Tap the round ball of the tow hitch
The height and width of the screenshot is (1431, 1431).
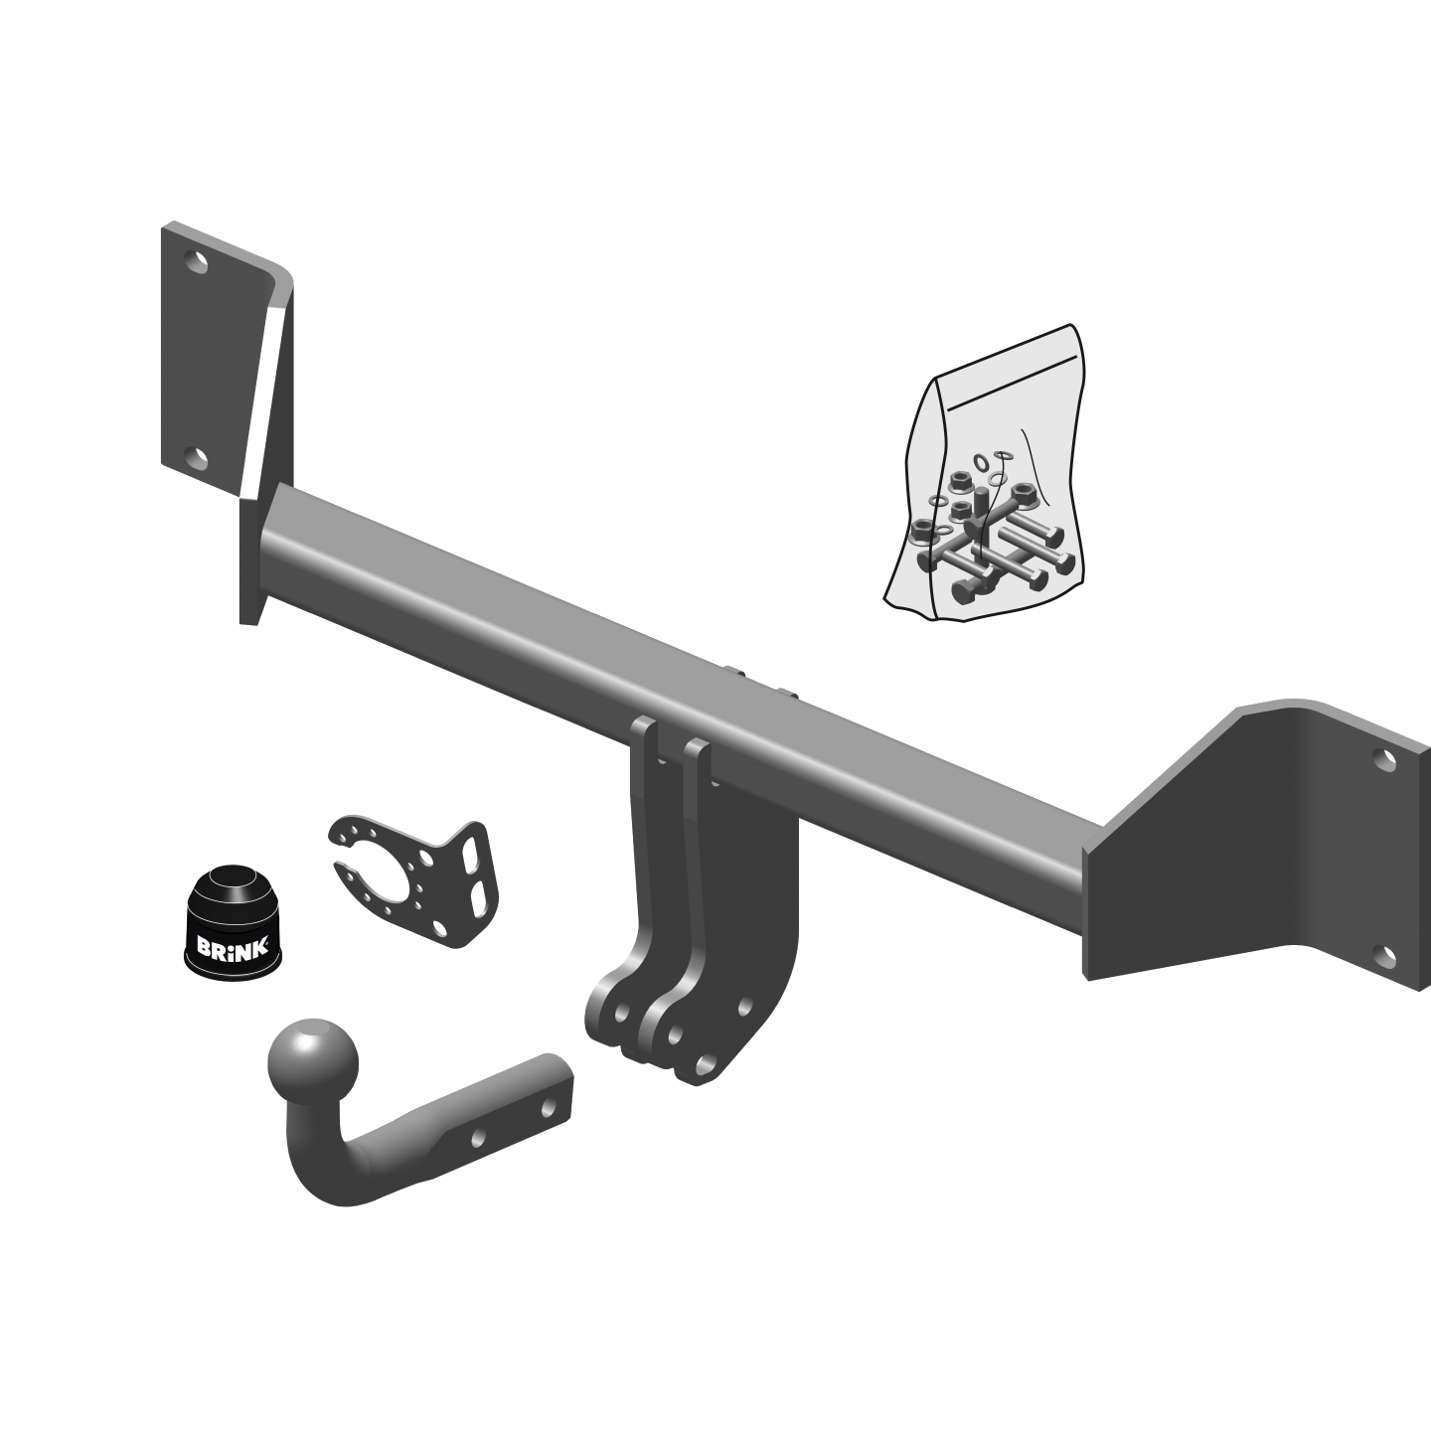(x=313, y=1062)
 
